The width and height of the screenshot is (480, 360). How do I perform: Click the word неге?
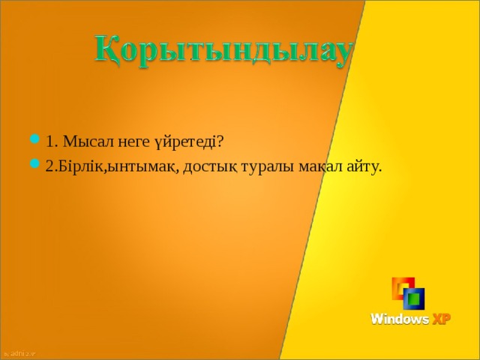pos(130,141)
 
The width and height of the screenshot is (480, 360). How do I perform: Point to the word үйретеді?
pos(183,141)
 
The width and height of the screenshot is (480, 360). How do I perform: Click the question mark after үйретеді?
pos(220,141)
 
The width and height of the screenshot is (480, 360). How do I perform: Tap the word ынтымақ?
pos(142,166)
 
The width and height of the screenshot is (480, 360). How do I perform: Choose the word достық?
pos(208,166)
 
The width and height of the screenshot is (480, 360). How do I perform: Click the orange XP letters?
pos(441,319)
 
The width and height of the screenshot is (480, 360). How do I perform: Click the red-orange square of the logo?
pos(397,286)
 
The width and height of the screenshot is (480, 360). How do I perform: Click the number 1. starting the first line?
pos(51,141)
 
